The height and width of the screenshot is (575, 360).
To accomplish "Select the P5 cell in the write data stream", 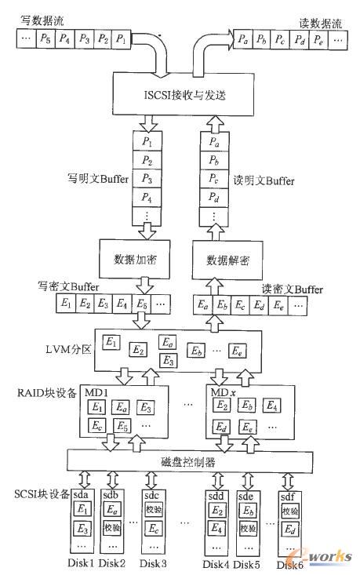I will tap(46, 37).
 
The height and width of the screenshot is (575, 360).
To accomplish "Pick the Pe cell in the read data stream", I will tap(322, 37).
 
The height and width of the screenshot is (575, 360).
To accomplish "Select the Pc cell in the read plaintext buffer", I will tap(214, 178).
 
